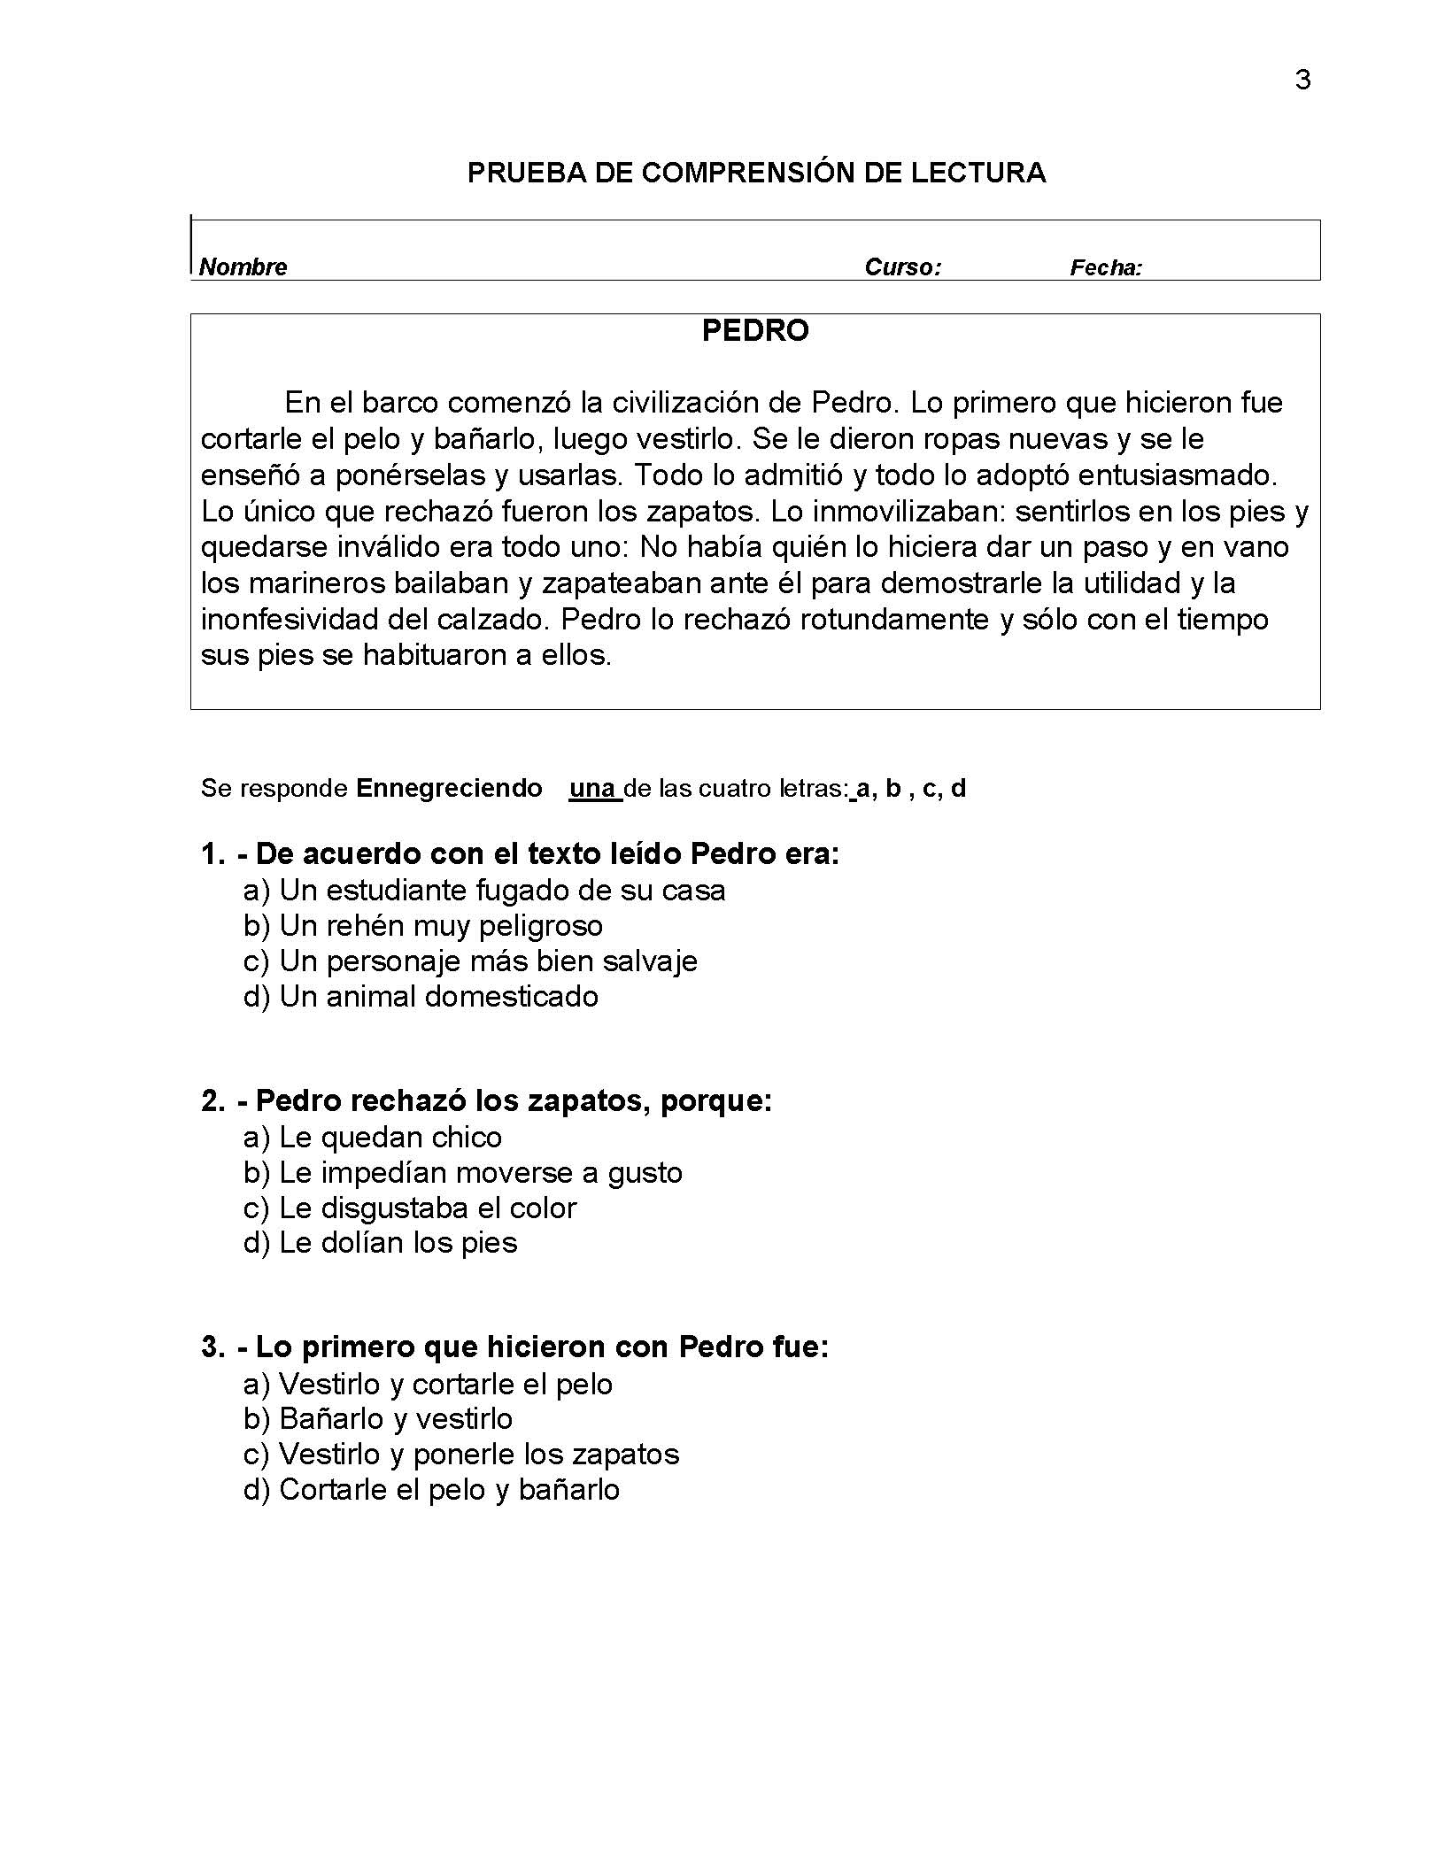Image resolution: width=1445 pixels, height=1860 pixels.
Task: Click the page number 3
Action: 1302,81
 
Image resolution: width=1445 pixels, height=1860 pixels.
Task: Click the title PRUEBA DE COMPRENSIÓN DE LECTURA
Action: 756,173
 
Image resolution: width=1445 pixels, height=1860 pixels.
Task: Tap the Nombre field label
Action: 243,267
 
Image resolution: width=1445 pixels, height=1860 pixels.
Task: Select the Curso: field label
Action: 902,267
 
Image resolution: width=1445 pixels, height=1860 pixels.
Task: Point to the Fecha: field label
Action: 1106,267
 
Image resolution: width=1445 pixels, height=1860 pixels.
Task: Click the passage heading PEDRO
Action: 755,331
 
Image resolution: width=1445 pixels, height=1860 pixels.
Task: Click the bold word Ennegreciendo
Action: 449,788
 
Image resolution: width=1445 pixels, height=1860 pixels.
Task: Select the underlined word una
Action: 594,788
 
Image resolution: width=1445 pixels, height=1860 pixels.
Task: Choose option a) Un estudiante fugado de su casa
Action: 484,890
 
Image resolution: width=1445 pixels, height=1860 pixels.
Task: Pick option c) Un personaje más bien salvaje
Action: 470,961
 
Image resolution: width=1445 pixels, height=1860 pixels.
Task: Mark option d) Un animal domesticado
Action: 421,997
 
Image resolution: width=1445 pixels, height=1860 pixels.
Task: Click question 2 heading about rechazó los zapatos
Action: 487,1100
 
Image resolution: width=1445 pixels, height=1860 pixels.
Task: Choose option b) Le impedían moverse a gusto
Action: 463,1173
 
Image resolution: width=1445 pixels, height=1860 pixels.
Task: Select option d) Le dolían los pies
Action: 381,1243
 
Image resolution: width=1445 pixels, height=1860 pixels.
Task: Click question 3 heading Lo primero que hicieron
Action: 515,1347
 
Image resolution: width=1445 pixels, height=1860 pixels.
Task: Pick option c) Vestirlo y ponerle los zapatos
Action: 461,1455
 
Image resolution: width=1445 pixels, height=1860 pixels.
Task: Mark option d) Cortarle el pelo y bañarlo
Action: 431,1490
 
